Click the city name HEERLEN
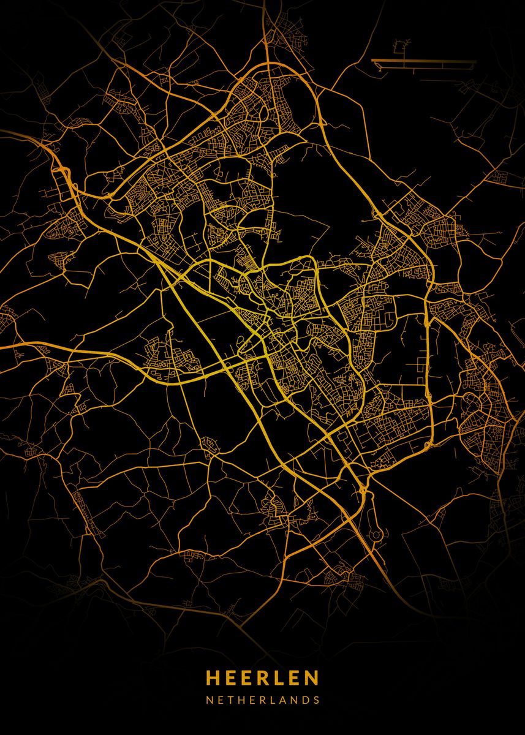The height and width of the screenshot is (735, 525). [262, 677]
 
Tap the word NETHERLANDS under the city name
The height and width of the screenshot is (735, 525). [262, 699]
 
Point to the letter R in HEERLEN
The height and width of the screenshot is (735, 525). [263, 677]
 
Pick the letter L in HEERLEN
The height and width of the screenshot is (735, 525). [279, 677]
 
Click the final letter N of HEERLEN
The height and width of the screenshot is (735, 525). [312, 677]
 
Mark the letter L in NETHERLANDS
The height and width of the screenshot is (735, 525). [267, 699]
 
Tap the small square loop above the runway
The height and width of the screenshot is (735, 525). [402, 47]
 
